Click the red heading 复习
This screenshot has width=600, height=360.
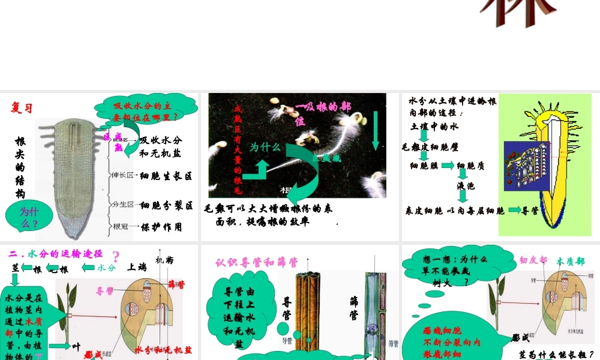point(22,108)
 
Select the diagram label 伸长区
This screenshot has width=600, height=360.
point(122,176)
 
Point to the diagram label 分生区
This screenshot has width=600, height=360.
point(122,205)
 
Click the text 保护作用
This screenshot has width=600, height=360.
point(161,227)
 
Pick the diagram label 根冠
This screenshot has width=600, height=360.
point(121,226)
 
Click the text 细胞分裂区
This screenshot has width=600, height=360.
point(166,205)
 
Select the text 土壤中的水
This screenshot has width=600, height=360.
point(434,127)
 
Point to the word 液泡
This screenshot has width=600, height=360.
point(466,186)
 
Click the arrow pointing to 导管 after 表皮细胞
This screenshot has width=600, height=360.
point(514,211)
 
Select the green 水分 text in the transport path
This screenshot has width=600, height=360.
point(107,268)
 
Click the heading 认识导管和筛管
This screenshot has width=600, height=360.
point(257,262)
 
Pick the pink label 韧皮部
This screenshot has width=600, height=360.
point(533,260)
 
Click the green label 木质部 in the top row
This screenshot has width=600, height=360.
point(571,261)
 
